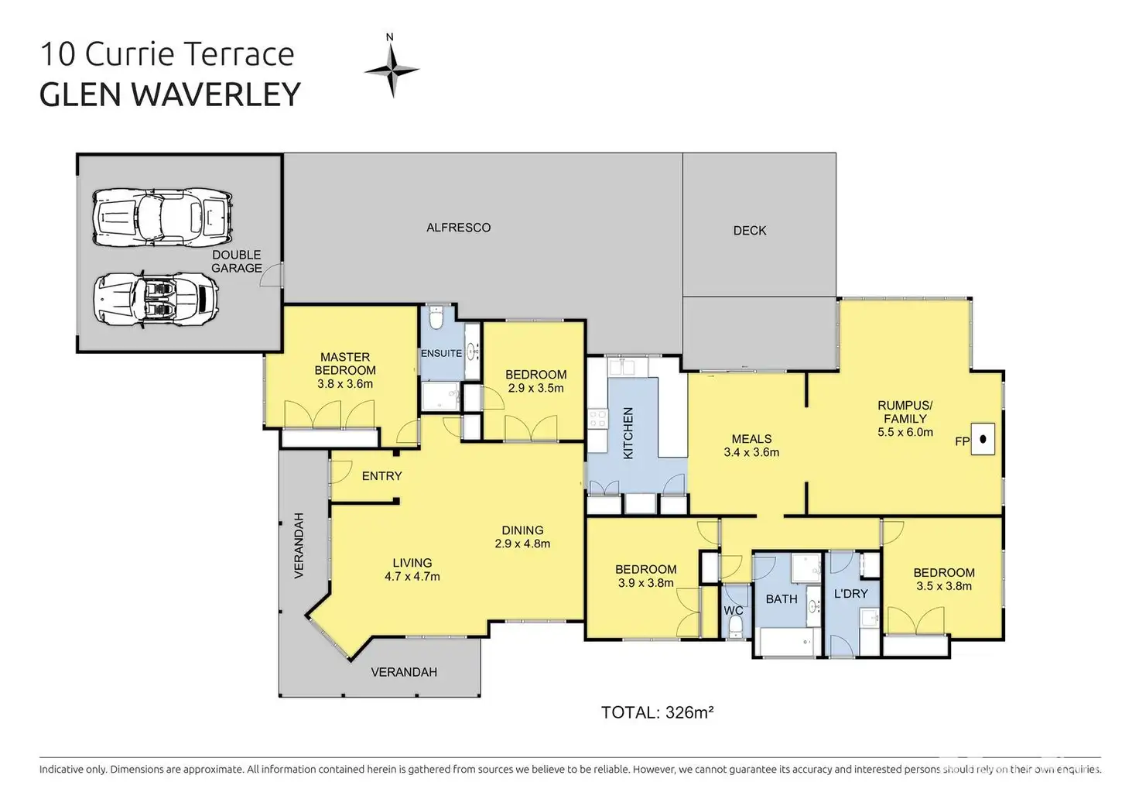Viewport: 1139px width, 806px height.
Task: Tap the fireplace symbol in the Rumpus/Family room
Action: [x=983, y=439]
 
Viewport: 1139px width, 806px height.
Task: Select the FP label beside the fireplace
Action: [x=962, y=441]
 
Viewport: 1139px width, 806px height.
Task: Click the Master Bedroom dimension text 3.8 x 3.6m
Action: [x=345, y=384]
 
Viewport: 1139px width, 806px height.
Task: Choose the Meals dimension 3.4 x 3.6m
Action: [x=751, y=452]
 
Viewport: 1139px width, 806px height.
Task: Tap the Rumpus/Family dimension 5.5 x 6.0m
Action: [x=905, y=432]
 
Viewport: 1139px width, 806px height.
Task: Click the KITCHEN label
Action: [x=628, y=433]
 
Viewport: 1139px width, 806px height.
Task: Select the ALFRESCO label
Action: [x=459, y=228]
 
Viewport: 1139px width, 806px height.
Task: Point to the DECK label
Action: [x=750, y=231]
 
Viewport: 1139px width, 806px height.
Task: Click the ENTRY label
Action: [x=382, y=475]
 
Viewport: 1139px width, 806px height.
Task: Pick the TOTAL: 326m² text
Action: [x=658, y=712]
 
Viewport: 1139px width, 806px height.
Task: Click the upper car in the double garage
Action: [x=162, y=218]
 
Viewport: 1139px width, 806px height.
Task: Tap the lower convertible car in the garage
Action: [x=156, y=299]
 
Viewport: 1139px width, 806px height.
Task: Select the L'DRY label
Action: [x=850, y=594]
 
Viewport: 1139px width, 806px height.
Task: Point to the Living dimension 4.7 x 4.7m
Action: [x=412, y=577]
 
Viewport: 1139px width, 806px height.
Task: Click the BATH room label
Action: [x=782, y=599]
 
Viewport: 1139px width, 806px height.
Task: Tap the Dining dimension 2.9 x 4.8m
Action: [x=523, y=544]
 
